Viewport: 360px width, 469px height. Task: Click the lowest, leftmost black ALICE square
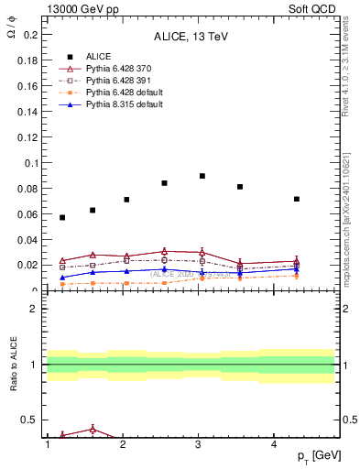click(x=62, y=217)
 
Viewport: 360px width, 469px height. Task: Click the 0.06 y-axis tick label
click(x=27, y=214)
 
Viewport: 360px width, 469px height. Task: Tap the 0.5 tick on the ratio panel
click(x=30, y=420)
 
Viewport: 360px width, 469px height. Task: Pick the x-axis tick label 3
click(x=199, y=444)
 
